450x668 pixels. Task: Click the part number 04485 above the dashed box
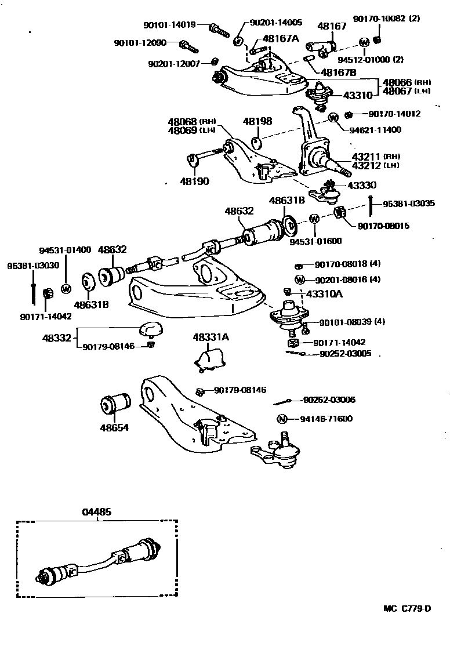point(97,513)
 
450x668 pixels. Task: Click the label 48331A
point(211,337)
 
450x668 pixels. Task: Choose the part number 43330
point(361,185)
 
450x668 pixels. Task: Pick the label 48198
point(257,121)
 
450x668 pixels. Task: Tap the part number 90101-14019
point(169,24)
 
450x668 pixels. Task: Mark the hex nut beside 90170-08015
point(341,216)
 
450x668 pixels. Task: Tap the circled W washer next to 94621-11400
point(333,118)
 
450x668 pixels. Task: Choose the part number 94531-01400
point(65,250)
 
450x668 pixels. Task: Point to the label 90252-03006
point(329,400)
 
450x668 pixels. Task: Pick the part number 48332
point(56,337)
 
